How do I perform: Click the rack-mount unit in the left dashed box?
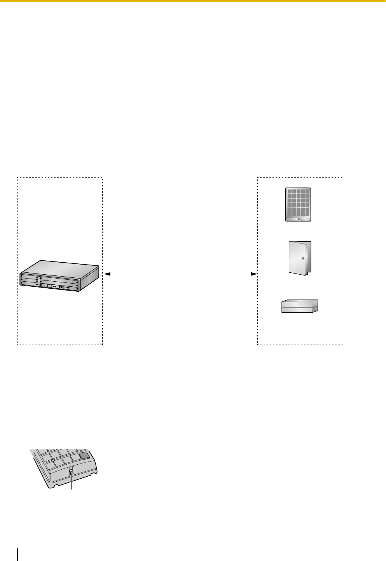tap(59, 276)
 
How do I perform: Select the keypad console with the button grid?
tap(298, 204)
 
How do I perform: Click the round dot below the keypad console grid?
tap(299, 219)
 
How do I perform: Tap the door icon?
tap(300, 258)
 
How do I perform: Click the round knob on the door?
tap(302, 258)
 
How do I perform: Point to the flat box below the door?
tap(300, 306)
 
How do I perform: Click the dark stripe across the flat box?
tap(300, 307)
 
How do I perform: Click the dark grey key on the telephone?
tap(84, 456)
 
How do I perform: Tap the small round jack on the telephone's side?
tap(72, 472)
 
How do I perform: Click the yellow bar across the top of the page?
tap(193, 1)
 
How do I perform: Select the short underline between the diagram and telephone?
tap(22, 388)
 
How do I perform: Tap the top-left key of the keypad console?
tap(289, 192)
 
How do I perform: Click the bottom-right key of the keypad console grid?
tap(307, 214)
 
